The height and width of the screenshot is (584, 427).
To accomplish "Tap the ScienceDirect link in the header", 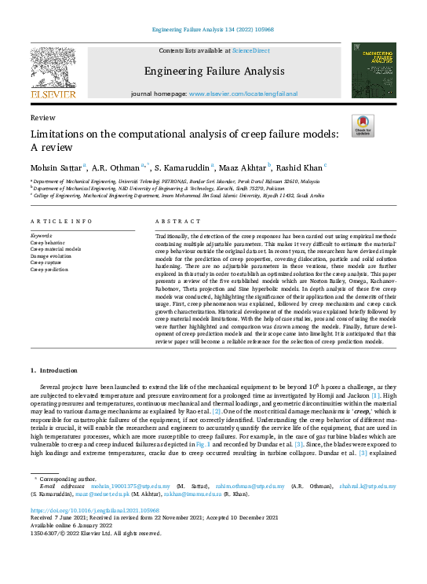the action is tap(252, 50).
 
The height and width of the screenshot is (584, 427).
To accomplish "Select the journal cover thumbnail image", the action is tap(374, 71).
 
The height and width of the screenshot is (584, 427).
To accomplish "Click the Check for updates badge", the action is tap(364, 126).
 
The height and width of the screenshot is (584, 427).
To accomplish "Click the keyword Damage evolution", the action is tap(50, 255).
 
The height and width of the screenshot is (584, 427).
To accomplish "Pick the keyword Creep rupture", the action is tap(46, 263).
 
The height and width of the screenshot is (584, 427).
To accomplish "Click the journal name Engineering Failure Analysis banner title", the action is tap(213, 71).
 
